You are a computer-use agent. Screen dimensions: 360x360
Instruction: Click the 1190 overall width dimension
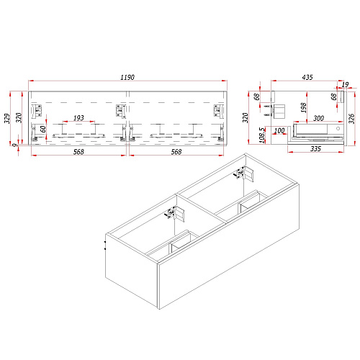point(127,77)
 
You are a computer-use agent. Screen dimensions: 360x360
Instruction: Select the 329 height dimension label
point(8,118)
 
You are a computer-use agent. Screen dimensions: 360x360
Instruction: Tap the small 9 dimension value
point(15,145)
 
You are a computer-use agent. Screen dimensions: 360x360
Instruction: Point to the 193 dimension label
point(78,118)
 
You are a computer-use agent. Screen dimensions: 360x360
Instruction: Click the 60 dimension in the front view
point(43,129)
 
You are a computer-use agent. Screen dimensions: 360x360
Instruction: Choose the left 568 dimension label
point(78,152)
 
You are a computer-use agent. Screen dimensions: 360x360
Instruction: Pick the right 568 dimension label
point(176,152)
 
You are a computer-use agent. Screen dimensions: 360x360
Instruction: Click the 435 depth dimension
point(307,77)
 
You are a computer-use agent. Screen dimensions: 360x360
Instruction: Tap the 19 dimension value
point(345,84)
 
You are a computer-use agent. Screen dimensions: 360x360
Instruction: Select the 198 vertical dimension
point(303,107)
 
